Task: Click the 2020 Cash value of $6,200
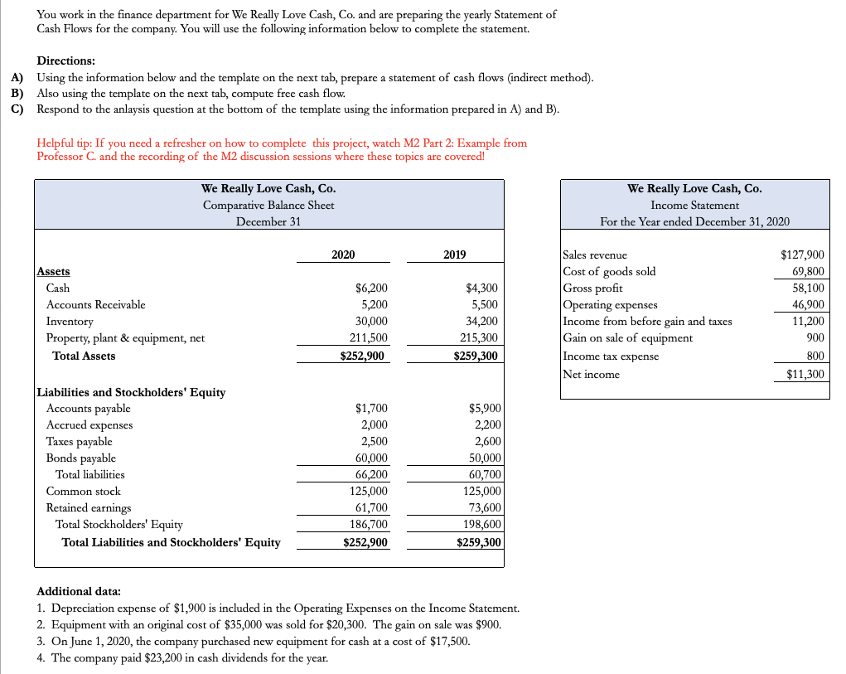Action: [x=370, y=289]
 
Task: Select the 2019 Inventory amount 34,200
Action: [x=481, y=322]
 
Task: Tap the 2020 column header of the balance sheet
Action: [x=343, y=255]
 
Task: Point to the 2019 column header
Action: [x=454, y=255]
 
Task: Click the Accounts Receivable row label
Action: [x=95, y=305]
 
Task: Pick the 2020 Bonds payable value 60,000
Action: [x=370, y=458]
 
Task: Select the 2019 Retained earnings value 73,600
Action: [x=481, y=508]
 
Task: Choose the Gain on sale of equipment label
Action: [x=627, y=338]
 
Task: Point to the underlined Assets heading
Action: [x=54, y=271]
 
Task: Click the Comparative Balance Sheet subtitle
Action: [x=268, y=206]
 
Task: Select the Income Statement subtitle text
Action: [x=694, y=206]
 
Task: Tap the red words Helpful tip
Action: [x=65, y=143]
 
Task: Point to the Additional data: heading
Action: [x=79, y=592]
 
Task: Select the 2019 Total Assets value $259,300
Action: [x=476, y=356]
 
